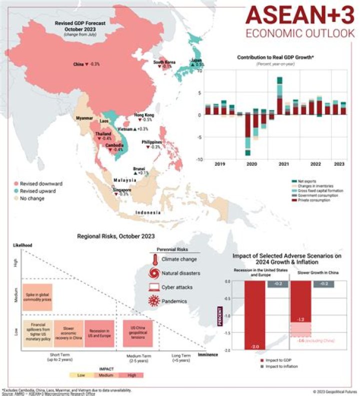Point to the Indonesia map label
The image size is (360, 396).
tap(147, 213)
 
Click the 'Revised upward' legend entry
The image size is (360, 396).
tap(37, 191)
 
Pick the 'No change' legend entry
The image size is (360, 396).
tap(34, 198)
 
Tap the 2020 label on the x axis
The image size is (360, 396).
tap(251, 164)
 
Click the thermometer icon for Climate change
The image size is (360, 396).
tap(156, 259)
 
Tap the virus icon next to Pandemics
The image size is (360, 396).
tap(155, 301)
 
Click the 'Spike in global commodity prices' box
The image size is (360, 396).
tap(37, 296)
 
